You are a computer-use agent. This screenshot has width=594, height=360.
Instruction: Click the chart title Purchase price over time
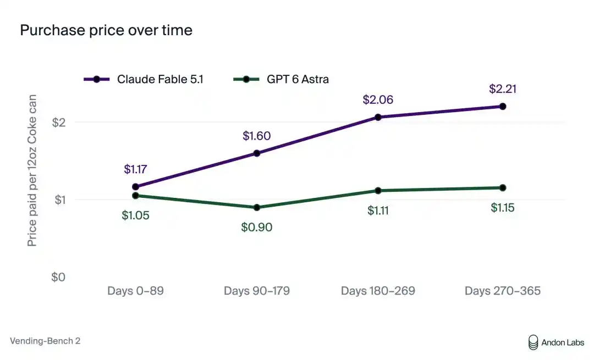(x=106, y=30)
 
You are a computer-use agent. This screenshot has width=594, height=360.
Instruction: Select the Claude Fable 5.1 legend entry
(x=144, y=79)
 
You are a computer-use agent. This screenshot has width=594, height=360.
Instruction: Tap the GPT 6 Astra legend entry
(x=280, y=79)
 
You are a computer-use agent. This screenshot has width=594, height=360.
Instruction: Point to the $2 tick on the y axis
(x=59, y=122)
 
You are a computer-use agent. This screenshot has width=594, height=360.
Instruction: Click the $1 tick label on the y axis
(x=60, y=200)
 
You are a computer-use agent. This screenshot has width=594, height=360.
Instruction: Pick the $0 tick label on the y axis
(x=58, y=277)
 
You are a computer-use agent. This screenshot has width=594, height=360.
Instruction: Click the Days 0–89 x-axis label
(x=136, y=291)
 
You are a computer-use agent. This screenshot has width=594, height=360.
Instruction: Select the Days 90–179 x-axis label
(x=257, y=291)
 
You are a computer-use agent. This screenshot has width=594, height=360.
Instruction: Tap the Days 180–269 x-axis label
(x=378, y=291)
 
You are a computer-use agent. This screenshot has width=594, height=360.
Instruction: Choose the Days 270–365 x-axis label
(x=503, y=291)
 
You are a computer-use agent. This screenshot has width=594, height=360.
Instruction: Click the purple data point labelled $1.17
(x=136, y=187)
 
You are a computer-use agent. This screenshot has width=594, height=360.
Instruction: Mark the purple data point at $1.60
(x=257, y=153)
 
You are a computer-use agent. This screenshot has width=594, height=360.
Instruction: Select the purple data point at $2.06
(x=378, y=118)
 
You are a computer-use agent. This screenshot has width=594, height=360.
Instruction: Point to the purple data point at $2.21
(x=503, y=107)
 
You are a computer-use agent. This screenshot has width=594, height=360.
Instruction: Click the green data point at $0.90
(x=257, y=207)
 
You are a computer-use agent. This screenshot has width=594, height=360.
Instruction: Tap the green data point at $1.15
(x=503, y=188)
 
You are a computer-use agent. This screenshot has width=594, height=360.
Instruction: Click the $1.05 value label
(x=136, y=215)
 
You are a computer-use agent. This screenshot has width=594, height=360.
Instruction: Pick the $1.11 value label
(x=378, y=211)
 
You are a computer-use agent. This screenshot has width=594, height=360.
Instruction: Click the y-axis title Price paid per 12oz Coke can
(x=32, y=170)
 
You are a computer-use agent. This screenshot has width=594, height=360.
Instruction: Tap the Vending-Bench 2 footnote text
(x=45, y=341)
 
